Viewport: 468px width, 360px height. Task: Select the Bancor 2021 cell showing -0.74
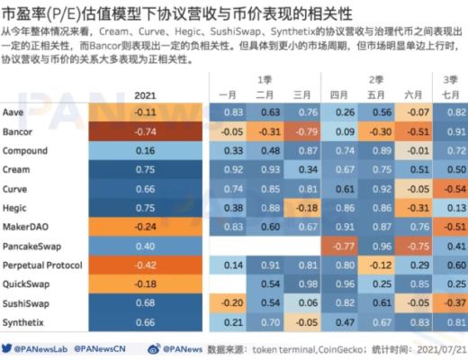pyautogui.click(x=144, y=130)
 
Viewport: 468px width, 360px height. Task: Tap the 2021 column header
pyautogui.click(x=144, y=94)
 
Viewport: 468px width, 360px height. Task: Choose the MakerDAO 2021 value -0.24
pyautogui.click(x=144, y=227)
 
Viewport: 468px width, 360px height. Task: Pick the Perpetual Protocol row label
pyautogui.click(x=42, y=265)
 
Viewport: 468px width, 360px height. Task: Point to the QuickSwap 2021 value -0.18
pyautogui.click(x=144, y=284)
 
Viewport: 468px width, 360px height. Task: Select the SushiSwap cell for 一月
pyautogui.click(x=233, y=303)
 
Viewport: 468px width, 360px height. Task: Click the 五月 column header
pyautogui.click(x=377, y=94)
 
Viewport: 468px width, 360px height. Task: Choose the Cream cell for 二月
pyautogui.click(x=268, y=169)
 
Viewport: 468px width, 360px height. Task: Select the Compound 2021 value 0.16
pyautogui.click(x=144, y=150)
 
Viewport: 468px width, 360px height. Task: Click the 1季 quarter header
pyautogui.click(x=266, y=79)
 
